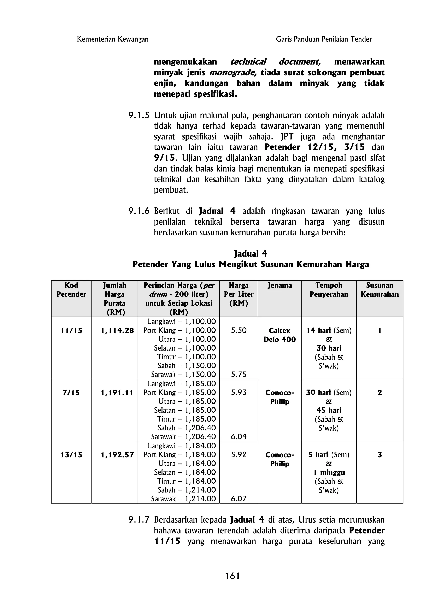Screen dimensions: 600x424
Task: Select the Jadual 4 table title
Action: (x=250, y=253)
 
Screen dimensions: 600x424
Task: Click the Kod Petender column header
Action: (x=71, y=290)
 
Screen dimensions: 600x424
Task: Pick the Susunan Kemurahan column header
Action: (x=379, y=290)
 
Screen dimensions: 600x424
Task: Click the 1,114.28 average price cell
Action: (x=117, y=331)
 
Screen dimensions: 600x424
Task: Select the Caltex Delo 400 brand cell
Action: (x=279, y=335)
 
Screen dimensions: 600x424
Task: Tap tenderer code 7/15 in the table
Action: (x=71, y=393)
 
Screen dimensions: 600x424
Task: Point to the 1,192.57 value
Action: (x=117, y=455)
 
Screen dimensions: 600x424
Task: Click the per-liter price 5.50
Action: (x=238, y=330)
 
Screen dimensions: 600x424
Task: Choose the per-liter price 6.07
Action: (x=238, y=499)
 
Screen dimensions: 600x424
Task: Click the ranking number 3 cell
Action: (x=379, y=455)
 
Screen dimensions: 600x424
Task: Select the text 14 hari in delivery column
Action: (x=318, y=331)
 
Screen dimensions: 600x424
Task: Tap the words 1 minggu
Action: (x=329, y=472)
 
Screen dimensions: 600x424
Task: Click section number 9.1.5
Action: (x=139, y=115)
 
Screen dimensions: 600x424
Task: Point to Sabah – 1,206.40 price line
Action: (x=187, y=428)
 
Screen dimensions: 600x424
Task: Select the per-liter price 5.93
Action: (x=238, y=393)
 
